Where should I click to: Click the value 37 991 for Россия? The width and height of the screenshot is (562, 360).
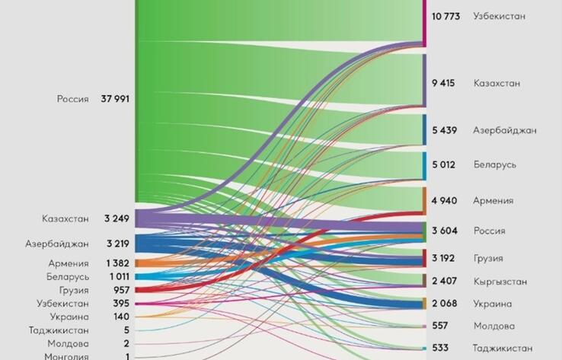click(x=116, y=99)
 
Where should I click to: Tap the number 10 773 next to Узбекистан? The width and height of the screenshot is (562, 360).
click(x=447, y=15)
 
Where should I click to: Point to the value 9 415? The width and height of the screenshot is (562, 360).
click(x=443, y=83)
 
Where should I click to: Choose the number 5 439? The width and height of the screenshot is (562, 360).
click(x=444, y=130)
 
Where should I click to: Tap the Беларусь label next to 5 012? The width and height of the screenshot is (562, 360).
click(x=495, y=164)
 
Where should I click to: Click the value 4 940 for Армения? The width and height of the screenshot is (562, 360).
click(x=444, y=201)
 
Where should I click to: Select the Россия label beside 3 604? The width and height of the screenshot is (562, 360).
click(x=490, y=231)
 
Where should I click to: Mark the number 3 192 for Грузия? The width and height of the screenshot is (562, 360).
click(x=443, y=258)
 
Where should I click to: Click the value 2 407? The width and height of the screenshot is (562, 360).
click(x=444, y=281)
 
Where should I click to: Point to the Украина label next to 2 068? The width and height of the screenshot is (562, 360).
click(x=493, y=303)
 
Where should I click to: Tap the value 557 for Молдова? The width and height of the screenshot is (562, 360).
click(x=441, y=326)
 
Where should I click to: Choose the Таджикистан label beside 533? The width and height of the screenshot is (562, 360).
click(x=503, y=348)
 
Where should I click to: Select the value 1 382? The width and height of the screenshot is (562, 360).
click(x=118, y=263)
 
